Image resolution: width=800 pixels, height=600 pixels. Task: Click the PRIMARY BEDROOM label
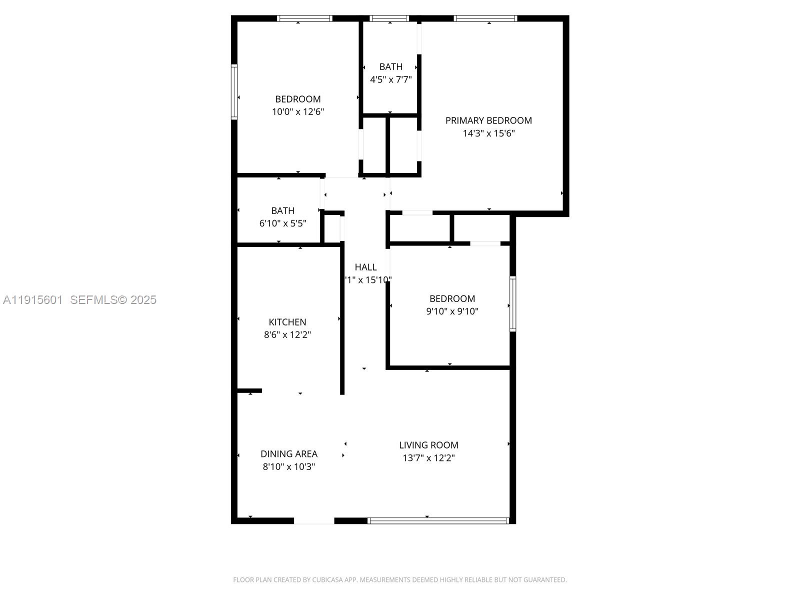pyautogui.click(x=488, y=120)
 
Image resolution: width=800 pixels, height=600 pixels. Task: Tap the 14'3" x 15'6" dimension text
pyautogui.click(x=488, y=133)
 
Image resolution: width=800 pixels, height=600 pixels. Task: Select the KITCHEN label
pyautogui.click(x=287, y=322)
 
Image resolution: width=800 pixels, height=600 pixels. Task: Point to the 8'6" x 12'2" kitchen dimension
pyautogui.click(x=287, y=335)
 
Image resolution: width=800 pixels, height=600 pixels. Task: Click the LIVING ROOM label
pyautogui.click(x=428, y=445)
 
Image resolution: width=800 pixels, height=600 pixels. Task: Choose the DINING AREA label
pyautogui.click(x=289, y=454)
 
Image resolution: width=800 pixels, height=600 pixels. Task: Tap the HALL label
pyautogui.click(x=365, y=267)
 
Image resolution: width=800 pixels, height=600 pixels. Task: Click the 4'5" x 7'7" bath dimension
pyautogui.click(x=390, y=79)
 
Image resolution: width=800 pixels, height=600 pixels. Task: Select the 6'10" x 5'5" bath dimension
pyautogui.click(x=282, y=223)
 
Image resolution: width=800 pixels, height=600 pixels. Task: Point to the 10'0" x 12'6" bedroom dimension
pyautogui.click(x=298, y=112)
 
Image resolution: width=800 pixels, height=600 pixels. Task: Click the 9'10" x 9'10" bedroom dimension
pyautogui.click(x=452, y=311)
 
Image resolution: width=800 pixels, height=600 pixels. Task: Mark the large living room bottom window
pyautogui.click(x=438, y=520)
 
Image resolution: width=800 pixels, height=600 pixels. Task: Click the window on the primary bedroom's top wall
pyautogui.click(x=485, y=18)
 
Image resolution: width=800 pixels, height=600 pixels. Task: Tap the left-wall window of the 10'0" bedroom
pyautogui.click(x=233, y=92)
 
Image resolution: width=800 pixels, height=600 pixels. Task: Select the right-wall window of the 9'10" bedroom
pyautogui.click(x=512, y=303)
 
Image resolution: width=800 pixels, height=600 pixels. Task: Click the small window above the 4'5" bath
pyautogui.click(x=389, y=18)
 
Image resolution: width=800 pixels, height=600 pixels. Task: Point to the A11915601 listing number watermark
pyautogui.click(x=33, y=299)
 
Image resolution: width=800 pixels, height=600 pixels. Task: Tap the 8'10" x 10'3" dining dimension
pyautogui.click(x=289, y=467)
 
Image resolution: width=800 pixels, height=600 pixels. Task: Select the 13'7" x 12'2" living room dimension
pyautogui.click(x=428, y=458)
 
